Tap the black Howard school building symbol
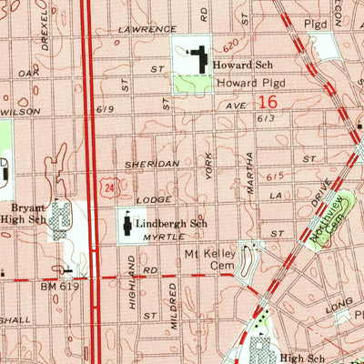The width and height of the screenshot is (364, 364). pos(197,61)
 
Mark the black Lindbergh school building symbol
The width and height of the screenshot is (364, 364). pos(125,222)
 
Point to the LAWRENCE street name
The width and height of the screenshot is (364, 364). pos(147,29)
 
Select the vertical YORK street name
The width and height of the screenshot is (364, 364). pos(208,165)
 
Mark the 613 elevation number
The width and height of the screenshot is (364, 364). pos(265,117)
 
